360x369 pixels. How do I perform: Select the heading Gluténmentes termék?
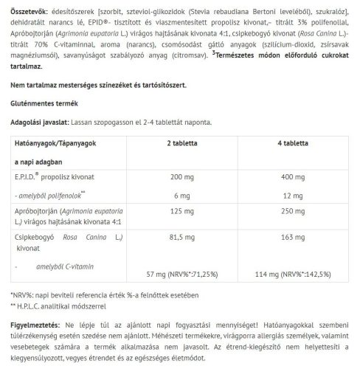[x=45, y=104]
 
